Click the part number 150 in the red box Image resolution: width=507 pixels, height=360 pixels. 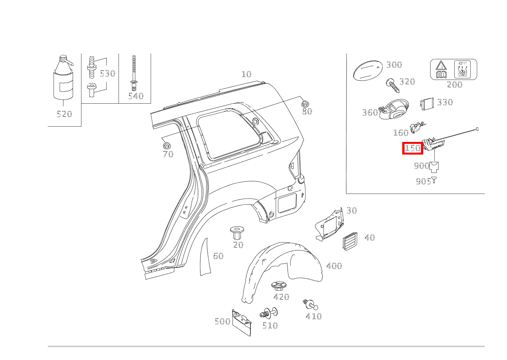(x=413, y=148)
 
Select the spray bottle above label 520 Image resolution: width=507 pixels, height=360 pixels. (x=63, y=77)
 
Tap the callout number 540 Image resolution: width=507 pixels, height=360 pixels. (x=136, y=96)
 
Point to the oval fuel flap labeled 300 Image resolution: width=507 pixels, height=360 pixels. (x=368, y=70)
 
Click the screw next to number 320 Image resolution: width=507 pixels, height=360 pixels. (x=393, y=86)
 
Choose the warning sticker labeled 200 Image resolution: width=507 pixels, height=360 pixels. (x=453, y=69)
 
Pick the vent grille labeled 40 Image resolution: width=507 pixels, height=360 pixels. (x=350, y=241)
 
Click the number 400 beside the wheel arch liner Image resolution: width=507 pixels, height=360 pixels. (x=334, y=266)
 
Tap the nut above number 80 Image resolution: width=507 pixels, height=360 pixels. (x=305, y=104)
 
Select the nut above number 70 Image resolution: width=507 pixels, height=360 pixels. (x=167, y=146)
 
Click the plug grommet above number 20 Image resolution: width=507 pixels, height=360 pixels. (x=237, y=233)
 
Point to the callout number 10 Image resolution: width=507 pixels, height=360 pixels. (x=246, y=74)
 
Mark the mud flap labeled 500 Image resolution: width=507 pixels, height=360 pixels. (x=242, y=323)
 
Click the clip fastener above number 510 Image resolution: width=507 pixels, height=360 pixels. (x=269, y=313)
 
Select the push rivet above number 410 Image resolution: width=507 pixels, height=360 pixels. (x=310, y=305)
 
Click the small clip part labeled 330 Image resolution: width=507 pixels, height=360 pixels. (x=427, y=104)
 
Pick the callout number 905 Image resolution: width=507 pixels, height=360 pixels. (x=423, y=181)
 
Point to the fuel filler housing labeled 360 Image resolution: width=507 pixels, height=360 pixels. (x=394, y=109)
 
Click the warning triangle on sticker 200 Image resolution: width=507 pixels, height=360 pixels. (x=441, y=66)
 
